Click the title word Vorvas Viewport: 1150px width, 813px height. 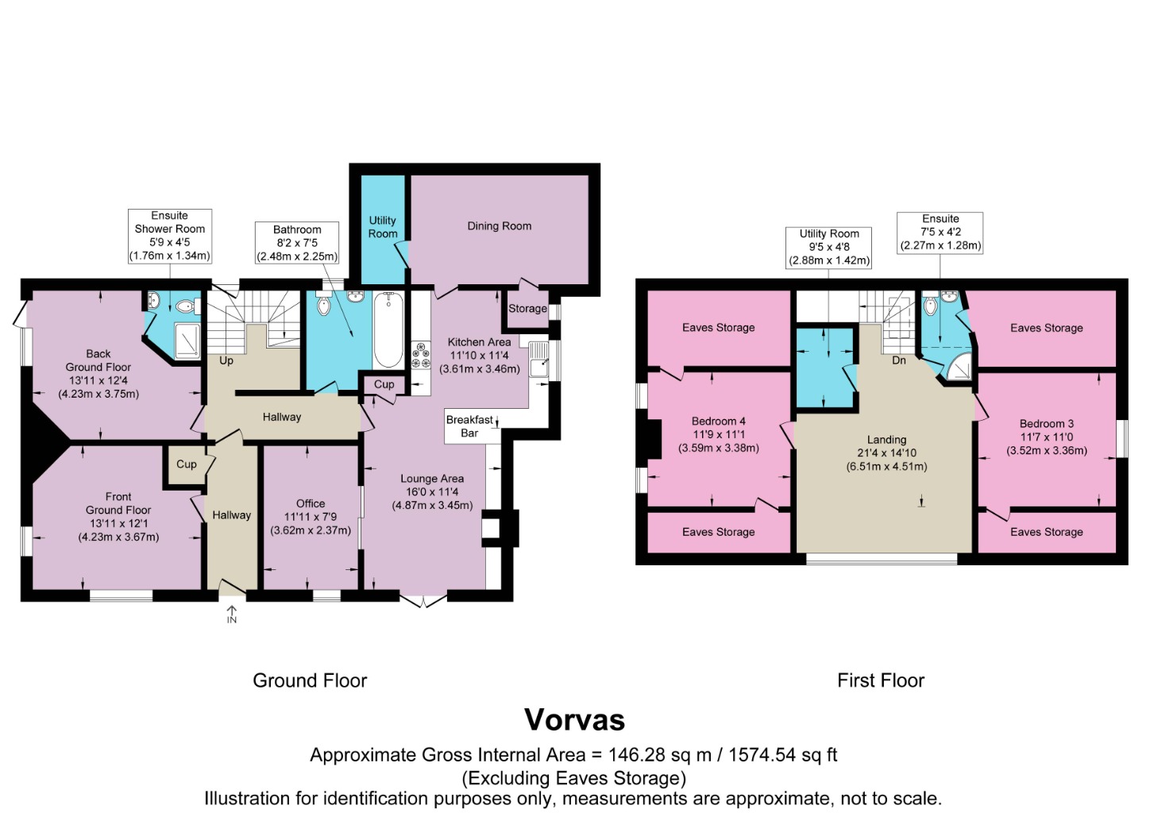[574, 719]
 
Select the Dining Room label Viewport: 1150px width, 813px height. [499, 226]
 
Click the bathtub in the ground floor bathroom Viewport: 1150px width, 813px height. [388, 329]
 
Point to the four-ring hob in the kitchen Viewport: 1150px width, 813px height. [420, 354]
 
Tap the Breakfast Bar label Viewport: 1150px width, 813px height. [469, 426]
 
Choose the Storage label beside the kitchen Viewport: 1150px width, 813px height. [527, 308]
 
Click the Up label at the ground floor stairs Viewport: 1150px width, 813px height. [226, 360]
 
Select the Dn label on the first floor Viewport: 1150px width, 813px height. [899, 360]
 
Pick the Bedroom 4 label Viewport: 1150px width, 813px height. [718, 421]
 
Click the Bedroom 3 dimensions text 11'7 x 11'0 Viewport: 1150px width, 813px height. [1046, 437]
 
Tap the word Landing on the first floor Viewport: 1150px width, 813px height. [886, 439]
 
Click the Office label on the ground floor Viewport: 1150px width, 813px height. [310, 503]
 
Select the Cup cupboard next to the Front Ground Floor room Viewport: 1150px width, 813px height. [187, 464]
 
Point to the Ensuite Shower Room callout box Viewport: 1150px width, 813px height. [169, 236]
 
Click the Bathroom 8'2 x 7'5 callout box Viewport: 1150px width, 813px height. [297, 243]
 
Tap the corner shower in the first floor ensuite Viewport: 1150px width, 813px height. [959, 368]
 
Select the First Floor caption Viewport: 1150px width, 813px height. [880, 680]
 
